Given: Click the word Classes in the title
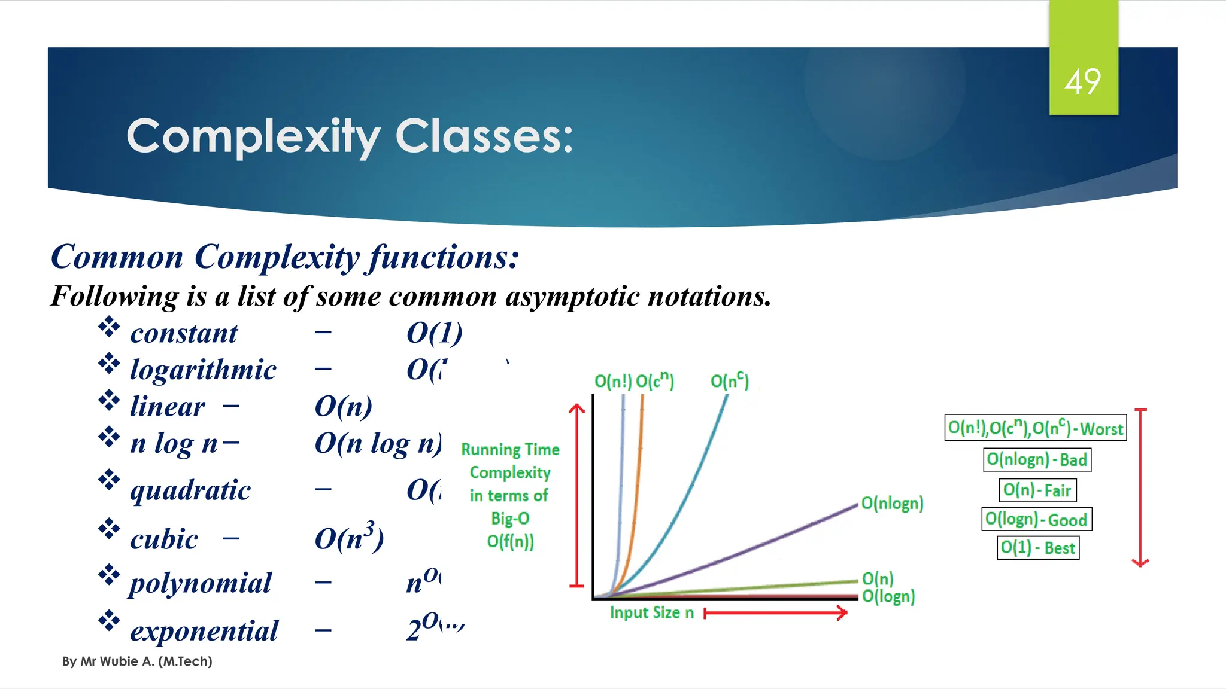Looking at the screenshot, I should [x=484, y=136].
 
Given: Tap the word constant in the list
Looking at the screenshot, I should [x=184, y=333].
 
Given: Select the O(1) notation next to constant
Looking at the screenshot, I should [x=435, y=333].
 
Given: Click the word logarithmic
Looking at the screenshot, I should [x=203, y=370].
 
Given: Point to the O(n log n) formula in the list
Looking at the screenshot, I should [x=378, y=443].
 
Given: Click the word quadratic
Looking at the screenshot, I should [x=190, y=490].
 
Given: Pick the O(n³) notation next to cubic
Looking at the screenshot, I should [x=349, y=537].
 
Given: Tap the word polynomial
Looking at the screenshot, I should [x=201, y=583].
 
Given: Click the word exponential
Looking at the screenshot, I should [x=204, y=630].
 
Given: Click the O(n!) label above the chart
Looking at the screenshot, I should [x=612, y=381].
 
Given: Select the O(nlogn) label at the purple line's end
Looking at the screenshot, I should [x=892, y=503].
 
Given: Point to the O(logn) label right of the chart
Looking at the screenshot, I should [x=888, y=596].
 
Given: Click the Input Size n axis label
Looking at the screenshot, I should [x=651, y=612].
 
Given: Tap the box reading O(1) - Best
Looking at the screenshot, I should [x=1037, y=547].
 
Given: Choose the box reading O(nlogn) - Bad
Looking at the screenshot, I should [x=1037, y=459].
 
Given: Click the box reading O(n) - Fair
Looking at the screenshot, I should [x=1037, y=490].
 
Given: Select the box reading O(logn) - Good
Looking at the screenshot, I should [x=1036, y=519].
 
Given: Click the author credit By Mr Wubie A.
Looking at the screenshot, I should [x=137, y=661].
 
